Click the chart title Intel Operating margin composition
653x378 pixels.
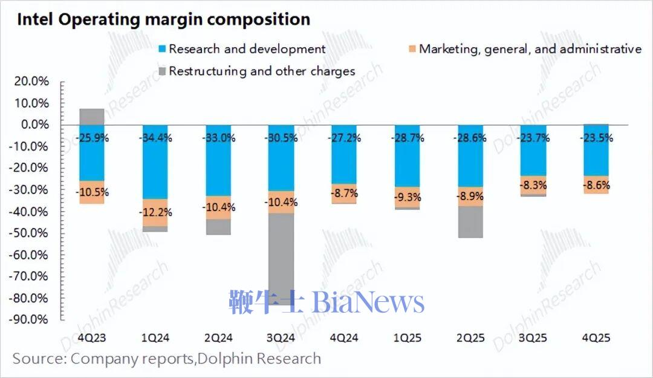[x=163, y=19]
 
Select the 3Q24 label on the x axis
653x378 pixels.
[x=280, y=337]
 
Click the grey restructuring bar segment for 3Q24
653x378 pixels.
[x=280, y=254]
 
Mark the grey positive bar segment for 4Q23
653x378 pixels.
[x=92, y=117]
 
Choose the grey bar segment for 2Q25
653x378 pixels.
[x=470, y=221]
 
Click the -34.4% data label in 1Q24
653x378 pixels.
[x=155, y=138]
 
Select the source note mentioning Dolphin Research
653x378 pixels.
[x=167, y=359]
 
